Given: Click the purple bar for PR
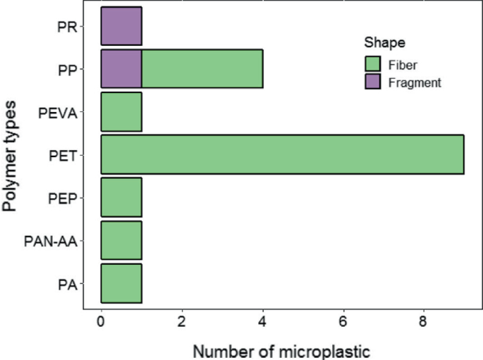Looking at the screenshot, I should [x=121, y=26].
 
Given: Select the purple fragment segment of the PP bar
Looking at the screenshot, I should [x=121, y=69].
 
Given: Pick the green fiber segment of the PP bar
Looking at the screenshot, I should [x=202, y=69].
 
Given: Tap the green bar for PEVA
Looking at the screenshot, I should [x=121, y=112].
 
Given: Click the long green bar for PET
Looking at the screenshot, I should [x=282, y=154].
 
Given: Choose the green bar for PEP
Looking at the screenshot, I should [x=121, y=197].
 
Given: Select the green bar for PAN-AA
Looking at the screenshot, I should [x=121, y=240].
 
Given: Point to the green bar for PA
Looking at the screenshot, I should [x=121, y=283].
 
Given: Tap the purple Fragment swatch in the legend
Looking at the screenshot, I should [x=373, y=82].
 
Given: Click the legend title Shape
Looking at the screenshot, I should [x=379, y=42].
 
